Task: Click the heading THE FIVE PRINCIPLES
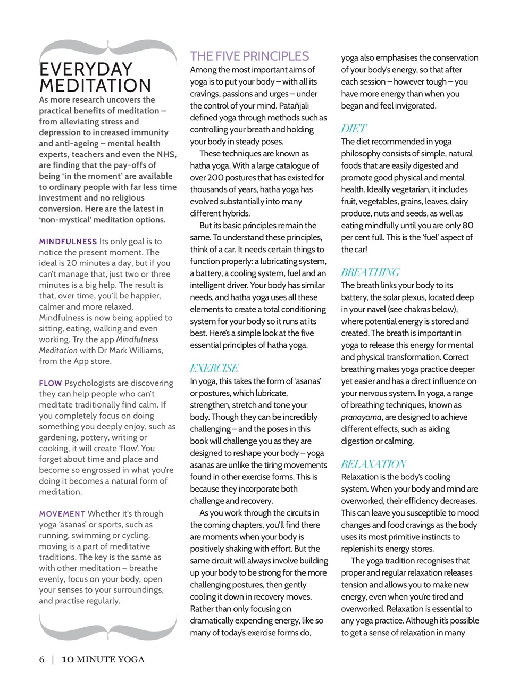(x=249, y=56)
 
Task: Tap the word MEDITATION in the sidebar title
(x=95, y=86)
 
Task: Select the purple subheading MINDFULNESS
(x=68, y=242)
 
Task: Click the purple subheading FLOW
(x=51, y=383)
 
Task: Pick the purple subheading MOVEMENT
(x=62, y=514)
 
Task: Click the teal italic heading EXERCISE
(x=214, y=368)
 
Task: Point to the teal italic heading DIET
(x=354, y=129)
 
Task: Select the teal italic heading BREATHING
(x=370, y=272)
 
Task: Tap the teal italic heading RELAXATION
(x=374, y=464)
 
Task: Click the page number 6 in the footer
(x=42, y=660)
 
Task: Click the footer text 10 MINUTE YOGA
(x=103, y=660)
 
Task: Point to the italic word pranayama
(x=361, y=418)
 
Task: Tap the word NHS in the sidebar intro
(x=166, y=154)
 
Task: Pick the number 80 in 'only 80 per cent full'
(x=467, y=226)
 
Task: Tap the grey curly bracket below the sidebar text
(x=108, y=628)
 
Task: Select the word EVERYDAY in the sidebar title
(x=86, y=69)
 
